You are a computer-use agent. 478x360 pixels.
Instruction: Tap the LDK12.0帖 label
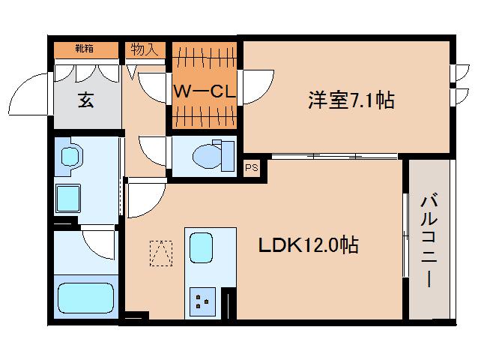click(308, 245)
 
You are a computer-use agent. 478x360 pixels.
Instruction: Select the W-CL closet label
click(205, 91)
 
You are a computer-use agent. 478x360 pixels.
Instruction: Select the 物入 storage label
click(144, 50)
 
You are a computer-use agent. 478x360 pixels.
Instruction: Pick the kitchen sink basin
click(201, 247)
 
